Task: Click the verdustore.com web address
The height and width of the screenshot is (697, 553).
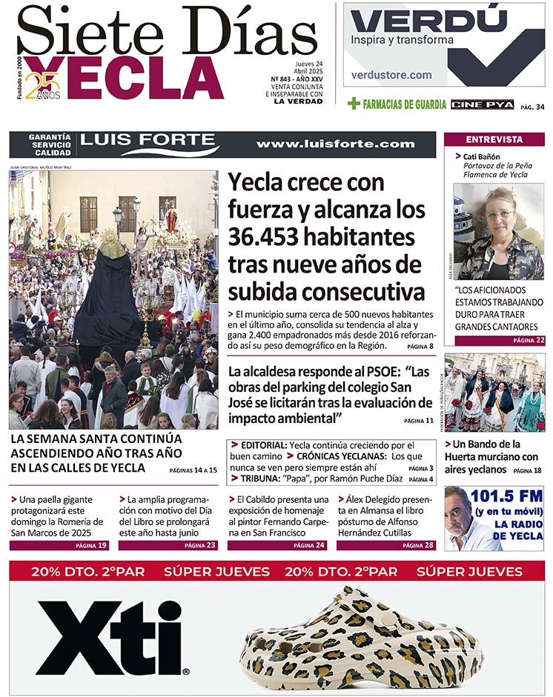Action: [x=391, y=75]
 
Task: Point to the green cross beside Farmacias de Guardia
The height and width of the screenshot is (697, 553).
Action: [x=354, y=104]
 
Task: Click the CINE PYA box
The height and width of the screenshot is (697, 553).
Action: [x=482, y=104]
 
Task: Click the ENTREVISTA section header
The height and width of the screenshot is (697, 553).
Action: [x=494, y=139]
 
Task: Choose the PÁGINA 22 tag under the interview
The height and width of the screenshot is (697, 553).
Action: [x=529, y=341]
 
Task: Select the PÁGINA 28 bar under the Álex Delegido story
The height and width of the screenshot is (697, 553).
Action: [x=418, y=545]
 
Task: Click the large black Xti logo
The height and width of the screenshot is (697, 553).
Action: [x=111, y=637]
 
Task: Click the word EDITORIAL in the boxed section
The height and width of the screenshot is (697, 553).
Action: [x=258, y=445]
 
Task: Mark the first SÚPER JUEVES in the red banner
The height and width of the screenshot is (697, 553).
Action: [x=207, y=571]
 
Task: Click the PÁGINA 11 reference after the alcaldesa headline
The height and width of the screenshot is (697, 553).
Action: [x=419, y=421]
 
